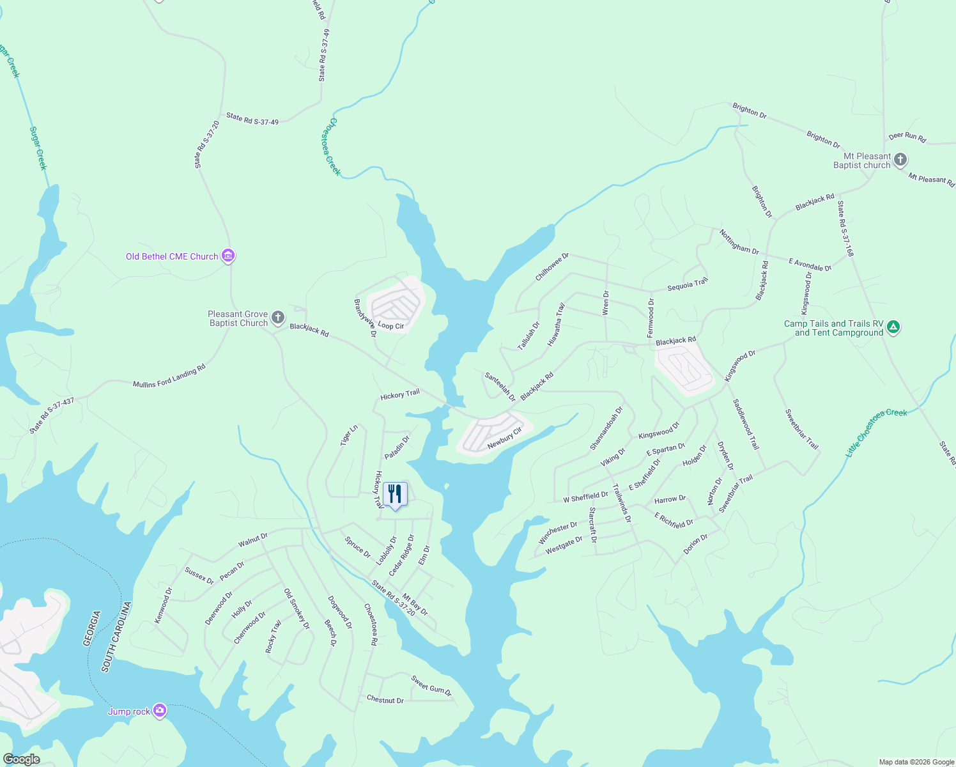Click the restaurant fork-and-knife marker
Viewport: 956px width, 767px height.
click(395, 494)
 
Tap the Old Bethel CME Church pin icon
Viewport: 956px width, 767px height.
click(228, 256)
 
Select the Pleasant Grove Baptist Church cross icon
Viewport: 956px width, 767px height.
click(277, 318)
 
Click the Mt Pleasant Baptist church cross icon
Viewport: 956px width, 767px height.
click(900, 160)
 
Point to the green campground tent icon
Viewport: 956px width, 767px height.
click(893, 327)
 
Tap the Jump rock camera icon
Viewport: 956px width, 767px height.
click(159, 711)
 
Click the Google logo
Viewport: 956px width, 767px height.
click(21, 759)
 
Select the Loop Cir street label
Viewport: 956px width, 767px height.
click(390, 325)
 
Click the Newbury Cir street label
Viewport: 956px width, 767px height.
click(505, 438)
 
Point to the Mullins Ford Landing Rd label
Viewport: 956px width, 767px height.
click(169, 376)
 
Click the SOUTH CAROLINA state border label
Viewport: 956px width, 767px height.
click(116, 637)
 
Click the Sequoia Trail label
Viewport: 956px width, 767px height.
click(688, 284)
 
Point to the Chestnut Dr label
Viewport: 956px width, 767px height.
click(385, 699)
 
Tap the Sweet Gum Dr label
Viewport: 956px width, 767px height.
click(431, 686)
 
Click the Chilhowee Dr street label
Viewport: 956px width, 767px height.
click(551, 267)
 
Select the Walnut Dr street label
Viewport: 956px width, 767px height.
click(253, 541)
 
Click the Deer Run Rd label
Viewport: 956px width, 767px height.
click(907, 136)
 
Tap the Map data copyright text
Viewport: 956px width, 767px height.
click(916, 761)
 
